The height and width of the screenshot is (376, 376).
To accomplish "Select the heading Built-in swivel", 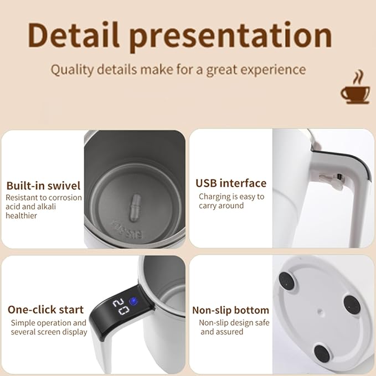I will pyautogui.click(x=43, y=186).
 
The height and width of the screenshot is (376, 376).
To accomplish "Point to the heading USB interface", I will pyautogui.click(x=231, y=183).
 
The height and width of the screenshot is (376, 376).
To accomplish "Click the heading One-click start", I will pyautogui.click(x=45, y=310).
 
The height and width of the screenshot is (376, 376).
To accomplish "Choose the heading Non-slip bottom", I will pyautogui.click(x=230, y=310).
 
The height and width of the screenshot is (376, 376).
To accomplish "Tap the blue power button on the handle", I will pyautogui.click(x=132, y=302).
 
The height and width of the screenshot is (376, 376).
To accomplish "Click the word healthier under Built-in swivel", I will pyautogui.click(x=22, y=215).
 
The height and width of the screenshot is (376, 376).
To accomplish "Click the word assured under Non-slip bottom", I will pyautogui.click(x=229, y=332).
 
